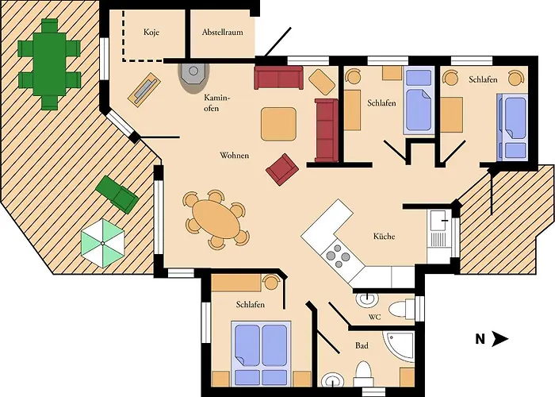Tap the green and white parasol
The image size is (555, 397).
click(x=103, y=243)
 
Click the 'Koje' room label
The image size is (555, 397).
click(x=151, y=33)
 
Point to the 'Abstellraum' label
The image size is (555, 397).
click(x=221, y=33)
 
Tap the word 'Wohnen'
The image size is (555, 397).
click(x=234, y=156)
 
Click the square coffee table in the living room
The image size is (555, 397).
click(x=278, y=124)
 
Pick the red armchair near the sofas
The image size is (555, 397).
click(x=281, y=168)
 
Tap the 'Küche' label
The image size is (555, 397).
click(x=384, y=237)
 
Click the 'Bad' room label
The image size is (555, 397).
click(x=361, y=346)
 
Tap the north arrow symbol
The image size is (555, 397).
click(x=499, y=339)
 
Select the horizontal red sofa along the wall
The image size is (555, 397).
click(x=278, y=78)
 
